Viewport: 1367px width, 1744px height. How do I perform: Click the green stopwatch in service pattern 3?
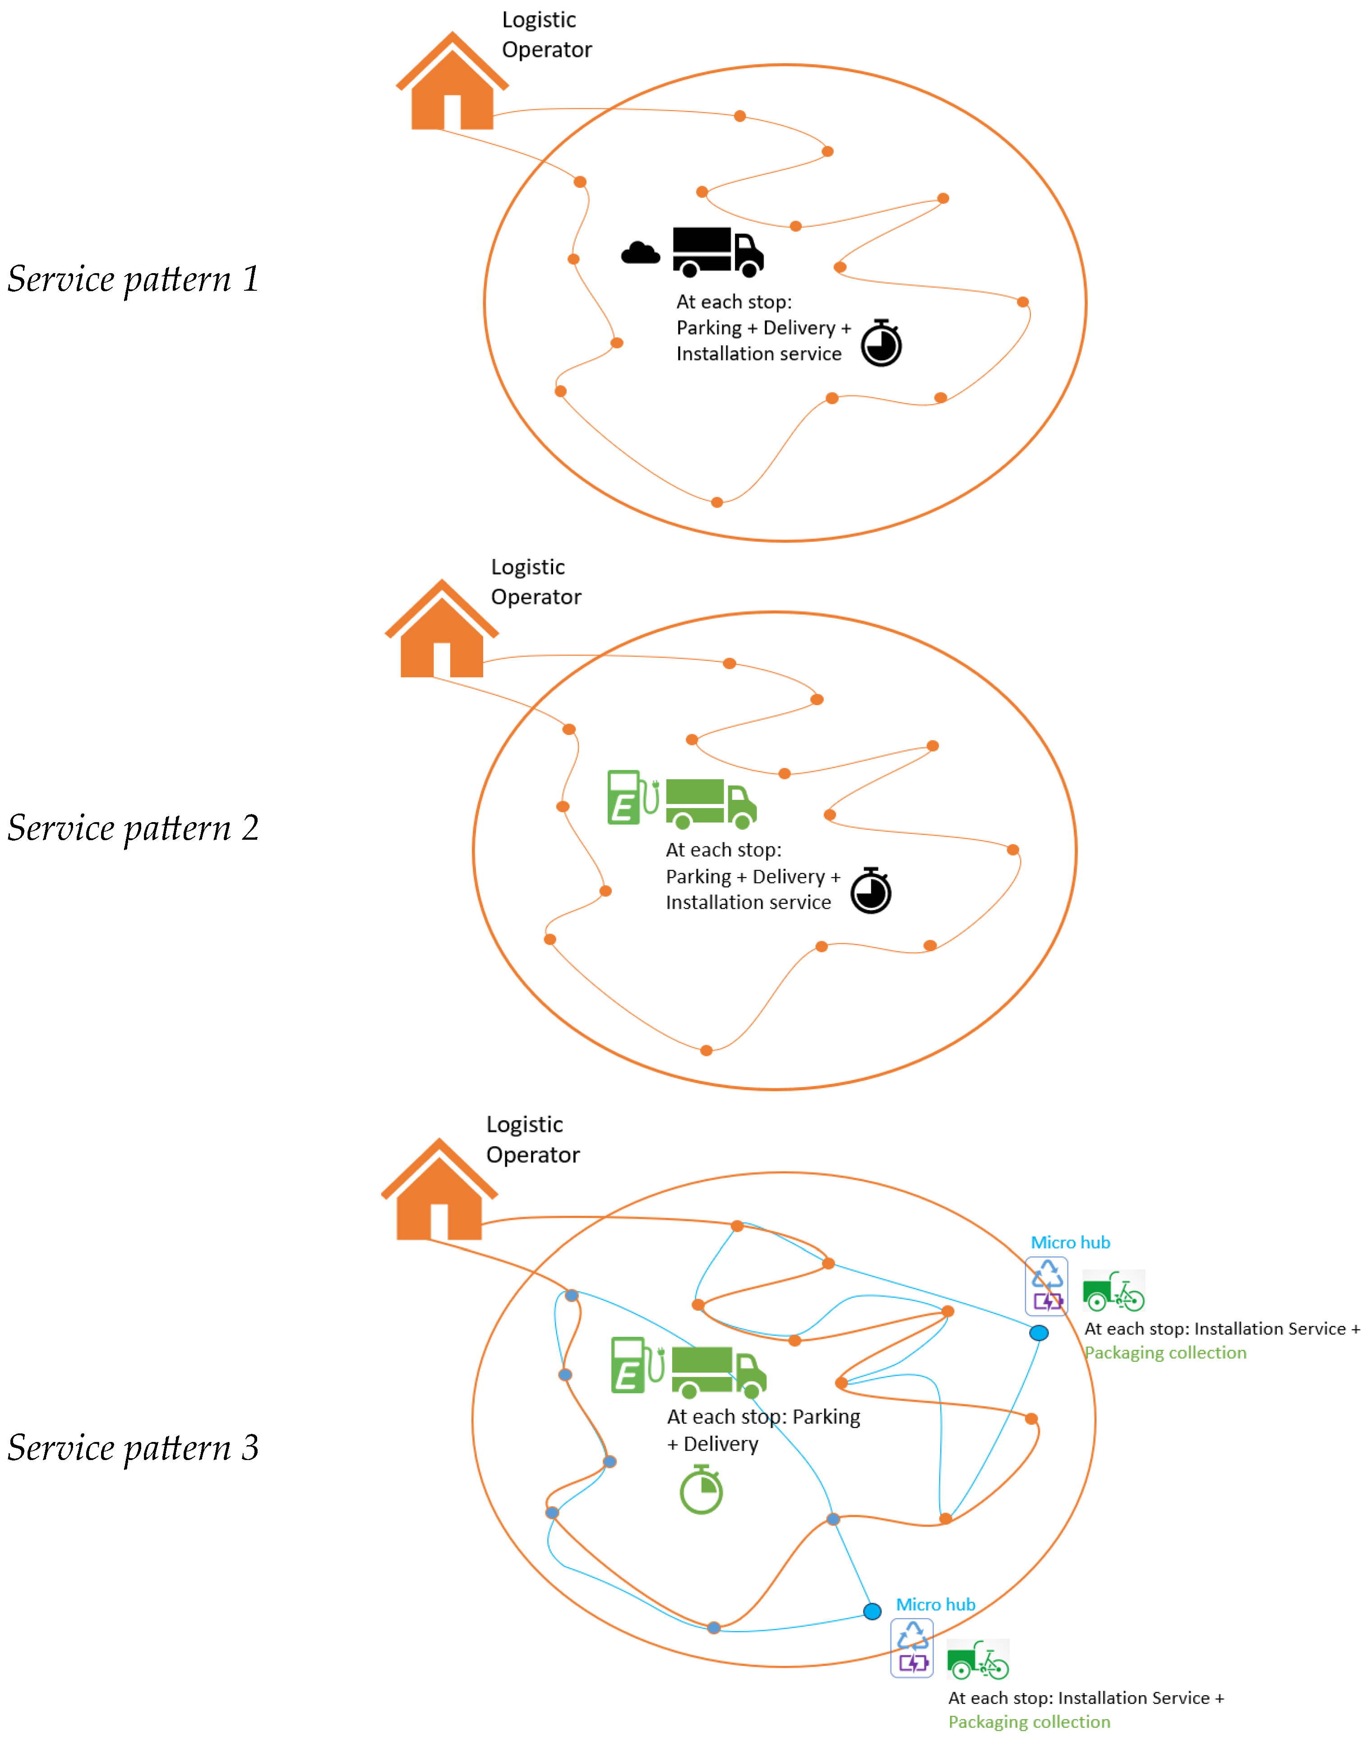[x=701, y=1490]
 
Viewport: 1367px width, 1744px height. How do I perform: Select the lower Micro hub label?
[x=935, y=1604]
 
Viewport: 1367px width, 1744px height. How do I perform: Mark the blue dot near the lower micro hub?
[x=873, y=1611]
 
